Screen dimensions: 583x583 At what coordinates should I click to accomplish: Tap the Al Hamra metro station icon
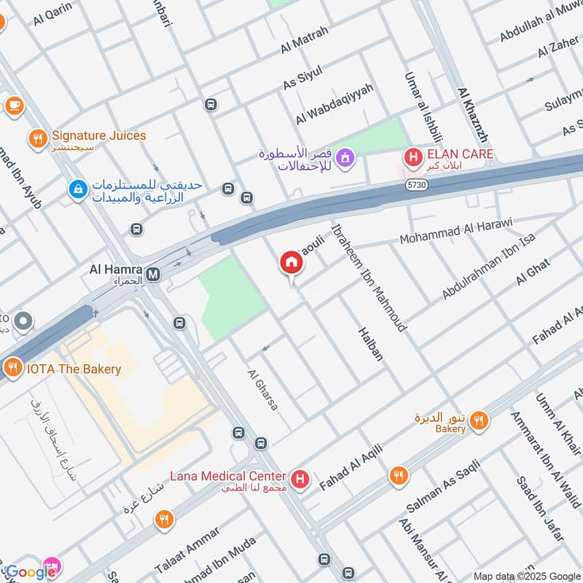click(153, 274)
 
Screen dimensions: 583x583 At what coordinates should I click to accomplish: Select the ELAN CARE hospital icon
click(413, 155)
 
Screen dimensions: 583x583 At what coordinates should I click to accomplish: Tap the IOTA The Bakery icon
click(12, 369)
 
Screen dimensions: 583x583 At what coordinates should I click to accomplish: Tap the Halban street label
click(370, 344)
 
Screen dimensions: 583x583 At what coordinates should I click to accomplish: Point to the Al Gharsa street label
click(262, 389)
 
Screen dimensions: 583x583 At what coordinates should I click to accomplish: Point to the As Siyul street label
click(302, 76)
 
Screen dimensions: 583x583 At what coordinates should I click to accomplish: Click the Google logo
click(31, 572)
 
